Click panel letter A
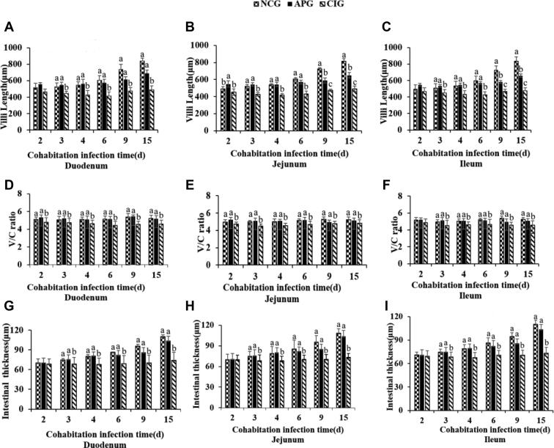pos(8,28)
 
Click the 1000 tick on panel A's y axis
pos(20,48)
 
